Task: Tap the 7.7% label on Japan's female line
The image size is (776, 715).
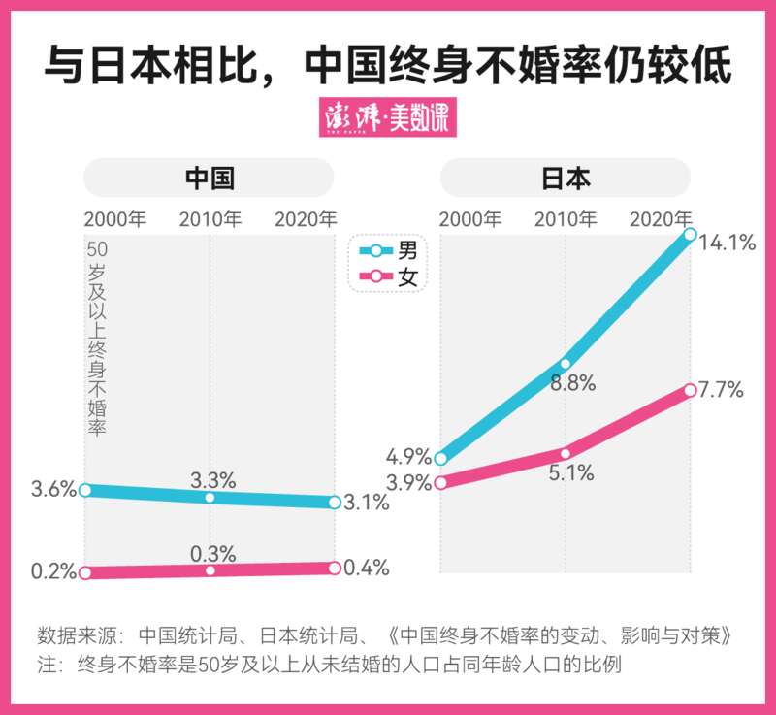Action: [721, 391]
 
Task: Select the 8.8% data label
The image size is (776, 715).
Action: [572, 382]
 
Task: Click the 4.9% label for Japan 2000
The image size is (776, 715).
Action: [408, 456]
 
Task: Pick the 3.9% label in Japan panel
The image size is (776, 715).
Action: [408, 483]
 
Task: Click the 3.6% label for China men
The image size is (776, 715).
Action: [53, 489]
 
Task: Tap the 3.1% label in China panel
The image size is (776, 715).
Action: [366, 503]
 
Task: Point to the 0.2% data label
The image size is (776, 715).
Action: [53, 571]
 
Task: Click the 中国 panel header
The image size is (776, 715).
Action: [210, 179]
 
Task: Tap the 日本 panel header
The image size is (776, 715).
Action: [566, 179]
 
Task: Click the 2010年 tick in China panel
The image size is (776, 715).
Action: [210, 218]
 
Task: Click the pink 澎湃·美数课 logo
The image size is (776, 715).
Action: [387, 118]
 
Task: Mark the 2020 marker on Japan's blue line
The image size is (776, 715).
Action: [690, 234]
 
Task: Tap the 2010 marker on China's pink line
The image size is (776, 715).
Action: [210, 570]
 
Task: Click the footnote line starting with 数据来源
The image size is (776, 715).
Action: [382, 637]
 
